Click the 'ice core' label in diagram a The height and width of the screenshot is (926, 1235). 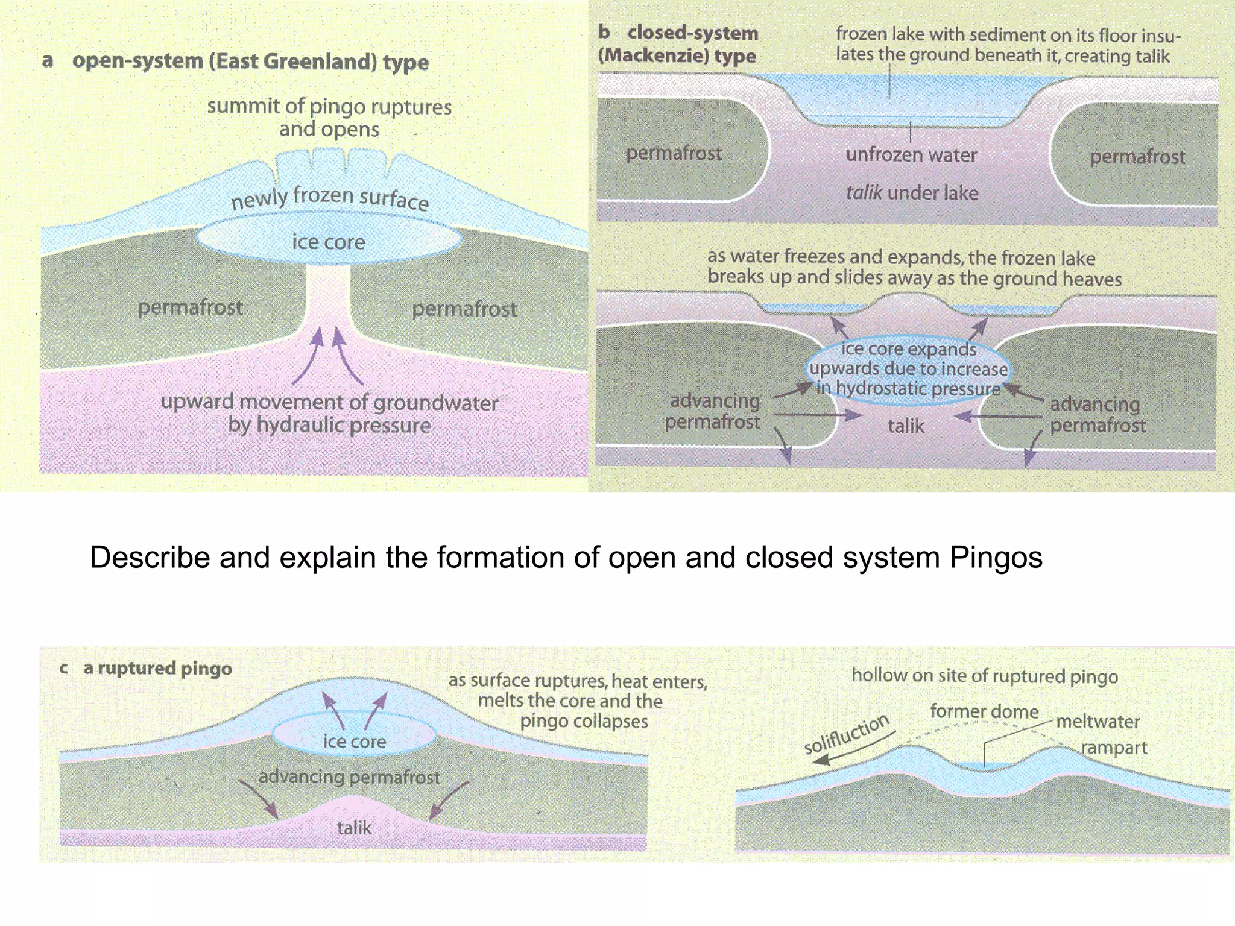pyautogui.click(x=329, y=242)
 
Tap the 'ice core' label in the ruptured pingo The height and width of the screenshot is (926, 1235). pyautogui.click(x=355, y=741)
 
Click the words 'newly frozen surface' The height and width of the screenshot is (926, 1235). pyautogui.click(x=330, y=198)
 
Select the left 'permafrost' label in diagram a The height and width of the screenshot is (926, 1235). pyautogui.click(x=190, y=307)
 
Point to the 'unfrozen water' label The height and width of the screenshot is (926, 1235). pyautogui.click(x=911, y=155)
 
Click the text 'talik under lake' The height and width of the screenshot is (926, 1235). pyautogui.click(x=912, y=193)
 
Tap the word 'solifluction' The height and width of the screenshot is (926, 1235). pyautogui.click(x=846, y=734)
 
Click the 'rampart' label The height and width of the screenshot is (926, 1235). pyautogui.click(x=1113, y=748)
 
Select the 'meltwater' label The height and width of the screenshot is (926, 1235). pyautogui.click(x=1098, y=721)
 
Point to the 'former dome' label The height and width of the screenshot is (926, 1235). pyautogui.click(x=984, y=711)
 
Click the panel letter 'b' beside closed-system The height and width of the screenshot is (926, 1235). pyautogui.click(x=604, y=31)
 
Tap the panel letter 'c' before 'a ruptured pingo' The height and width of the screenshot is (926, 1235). pyautogui.click(x=63, y=668)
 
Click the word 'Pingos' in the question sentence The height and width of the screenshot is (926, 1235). pyautogui.click(x=996, y=557)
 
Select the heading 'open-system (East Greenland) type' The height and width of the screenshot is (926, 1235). pyautogui.click(x=250, y=61)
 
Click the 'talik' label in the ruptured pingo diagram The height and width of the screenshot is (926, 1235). pyautogui.click(x=354, y=827)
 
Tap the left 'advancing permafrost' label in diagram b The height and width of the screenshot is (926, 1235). pyautogui.click(x=713, y=411)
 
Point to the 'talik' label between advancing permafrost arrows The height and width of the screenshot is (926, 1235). pyautogui.click(x=906, y=426)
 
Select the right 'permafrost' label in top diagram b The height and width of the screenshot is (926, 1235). pyautogui.click(x=1137, y=157)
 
